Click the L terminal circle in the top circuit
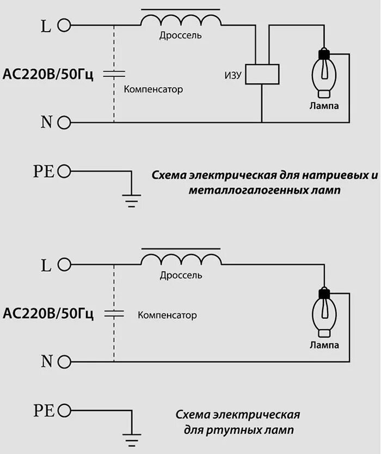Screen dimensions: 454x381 [64, 26]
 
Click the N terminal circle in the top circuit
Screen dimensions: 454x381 [64, 122]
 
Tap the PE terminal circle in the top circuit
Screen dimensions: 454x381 [64, 172]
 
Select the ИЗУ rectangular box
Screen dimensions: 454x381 [262, 74]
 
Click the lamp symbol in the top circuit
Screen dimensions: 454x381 [324, 74]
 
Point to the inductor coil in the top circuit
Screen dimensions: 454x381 [181, 19]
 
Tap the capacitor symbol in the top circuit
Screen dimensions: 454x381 [114, 74]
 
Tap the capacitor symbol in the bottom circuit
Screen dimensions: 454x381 [114, 313]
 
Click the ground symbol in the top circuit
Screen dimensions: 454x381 [131, 200]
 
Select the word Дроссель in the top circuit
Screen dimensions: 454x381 [181, 36]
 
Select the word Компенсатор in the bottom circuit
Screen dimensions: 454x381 [167, 316]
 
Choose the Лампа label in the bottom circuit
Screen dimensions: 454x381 [324, 346]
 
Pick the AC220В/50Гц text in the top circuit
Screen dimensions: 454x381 [48, 74]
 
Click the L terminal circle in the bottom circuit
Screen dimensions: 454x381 [64, 265]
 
